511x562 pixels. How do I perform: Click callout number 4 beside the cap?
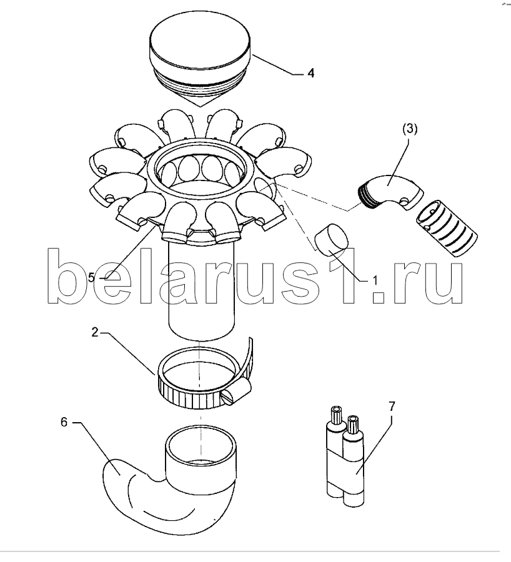(x=310, y=73)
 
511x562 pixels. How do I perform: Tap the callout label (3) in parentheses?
(x=410, y=129)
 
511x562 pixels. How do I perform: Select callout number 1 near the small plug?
(x=375, y=280)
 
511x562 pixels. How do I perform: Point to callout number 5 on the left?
(x=91, y=277)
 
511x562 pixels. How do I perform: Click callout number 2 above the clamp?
(x=95, y=333)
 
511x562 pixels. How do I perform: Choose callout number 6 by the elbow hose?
(x=64, y=422)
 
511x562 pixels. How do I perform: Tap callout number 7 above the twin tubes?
(x=392, y=407)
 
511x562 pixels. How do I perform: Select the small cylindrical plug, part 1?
(x=332, y=239)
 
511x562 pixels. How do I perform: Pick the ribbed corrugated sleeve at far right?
(x=447, y=229)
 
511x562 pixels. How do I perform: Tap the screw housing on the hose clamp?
(x=236, y=393)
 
